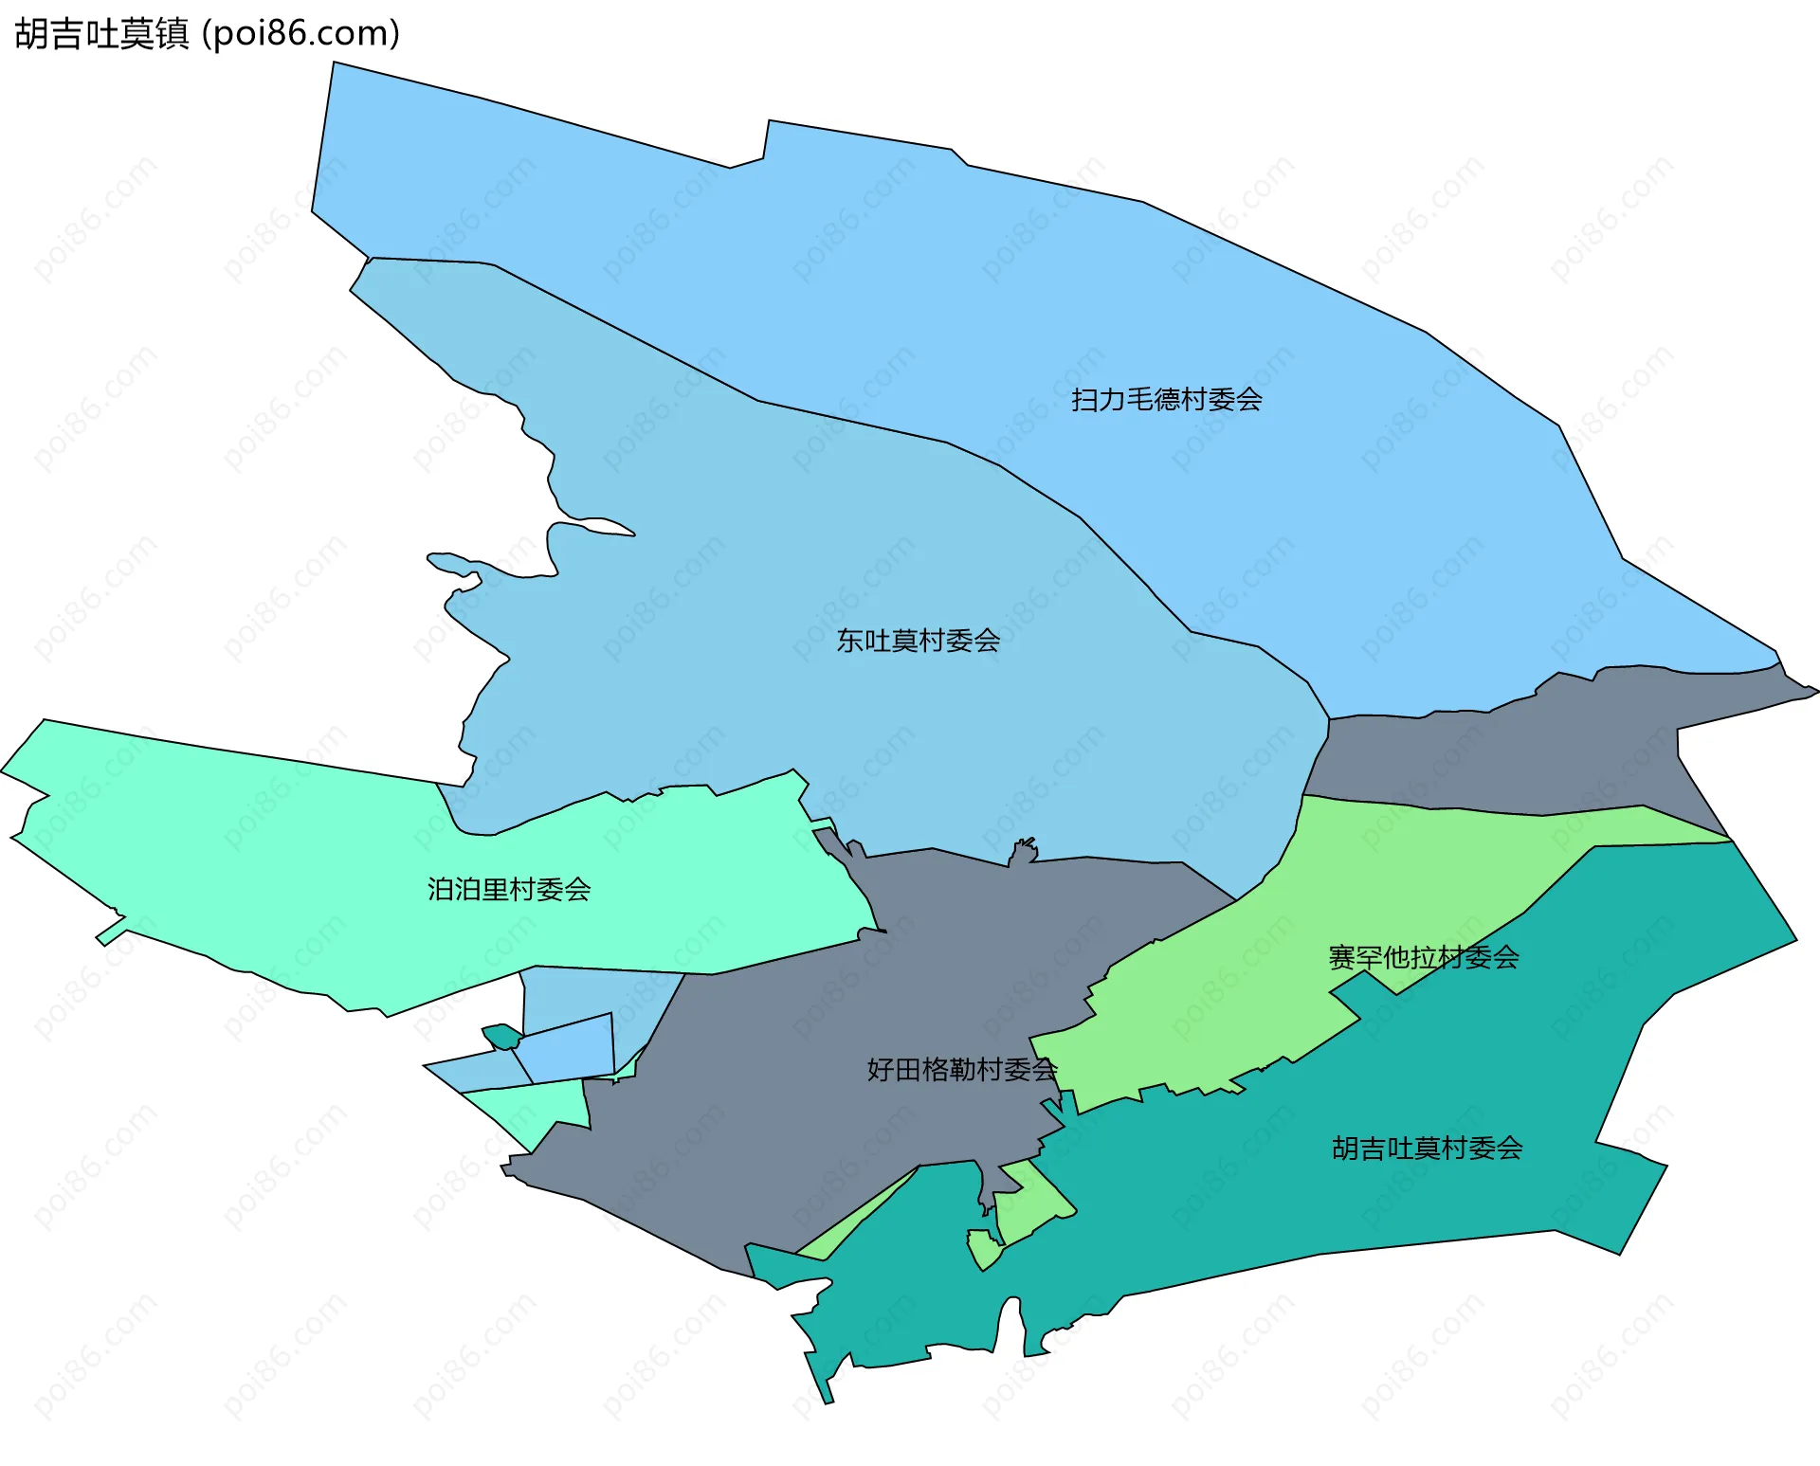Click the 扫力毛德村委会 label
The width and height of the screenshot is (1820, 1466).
(1166, 400)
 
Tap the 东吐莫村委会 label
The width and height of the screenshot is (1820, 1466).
(918, 642)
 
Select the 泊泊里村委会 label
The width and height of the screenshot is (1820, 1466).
(509, 890)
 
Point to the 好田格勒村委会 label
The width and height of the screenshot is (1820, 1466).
(961, 1070)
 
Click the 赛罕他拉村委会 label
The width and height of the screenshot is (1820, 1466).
(1423, 958)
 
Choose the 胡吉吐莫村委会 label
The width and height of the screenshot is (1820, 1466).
(1427, 1149)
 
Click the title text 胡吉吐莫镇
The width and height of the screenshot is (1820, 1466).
(101, 34)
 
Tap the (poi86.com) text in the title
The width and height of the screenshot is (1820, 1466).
(301, 34)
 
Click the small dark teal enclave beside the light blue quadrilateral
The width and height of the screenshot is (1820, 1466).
(500, 1036)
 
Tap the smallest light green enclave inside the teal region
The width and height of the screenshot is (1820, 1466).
(982, 1248)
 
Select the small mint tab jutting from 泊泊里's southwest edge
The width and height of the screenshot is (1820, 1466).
(110, 932)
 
